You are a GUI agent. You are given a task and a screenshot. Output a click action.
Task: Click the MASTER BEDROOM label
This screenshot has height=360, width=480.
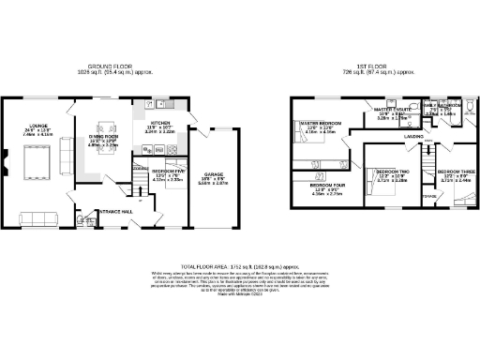coord(318,123)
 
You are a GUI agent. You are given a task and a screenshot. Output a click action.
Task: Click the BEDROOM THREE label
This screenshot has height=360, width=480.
coord(455,172)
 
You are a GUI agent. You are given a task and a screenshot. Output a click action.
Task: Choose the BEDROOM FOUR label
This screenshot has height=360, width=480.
coord(327,186)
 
